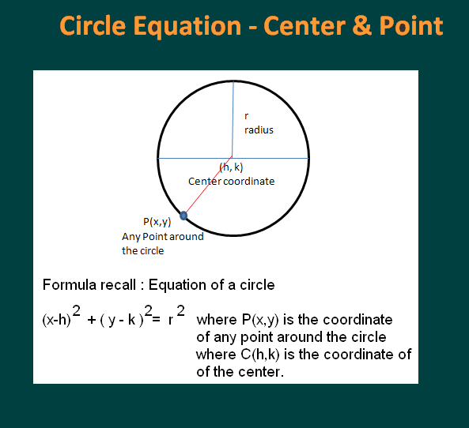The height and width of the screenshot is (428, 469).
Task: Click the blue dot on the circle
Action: pyautogui.click(x=184, y=215)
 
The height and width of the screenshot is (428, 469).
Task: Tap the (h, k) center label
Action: pyautogui.click(x=231, y=167)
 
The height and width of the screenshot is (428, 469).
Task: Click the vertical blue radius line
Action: pyautogui.click(x=233, y=118)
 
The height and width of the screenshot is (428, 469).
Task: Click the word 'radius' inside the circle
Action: pyautogui.click(x=259, y=130)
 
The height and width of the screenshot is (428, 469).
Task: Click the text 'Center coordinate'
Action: pyautogui.click(x=231, y=182)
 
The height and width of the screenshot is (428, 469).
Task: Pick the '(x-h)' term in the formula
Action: pyautogui.click(x=56, y=321)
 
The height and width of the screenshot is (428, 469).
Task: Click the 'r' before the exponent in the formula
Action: pyautogui.click(x=171, y=321)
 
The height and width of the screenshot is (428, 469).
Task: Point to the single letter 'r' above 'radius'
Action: pyautogui.click(x=247, y=115)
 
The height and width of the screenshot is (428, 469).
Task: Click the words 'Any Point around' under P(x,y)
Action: pyautogui.click(x=162, y=237)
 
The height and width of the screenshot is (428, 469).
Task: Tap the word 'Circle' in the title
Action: pyautogui.click(x=93, y=25)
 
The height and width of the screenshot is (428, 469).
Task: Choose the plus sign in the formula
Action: pyautogui.click(x=92, y=321)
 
